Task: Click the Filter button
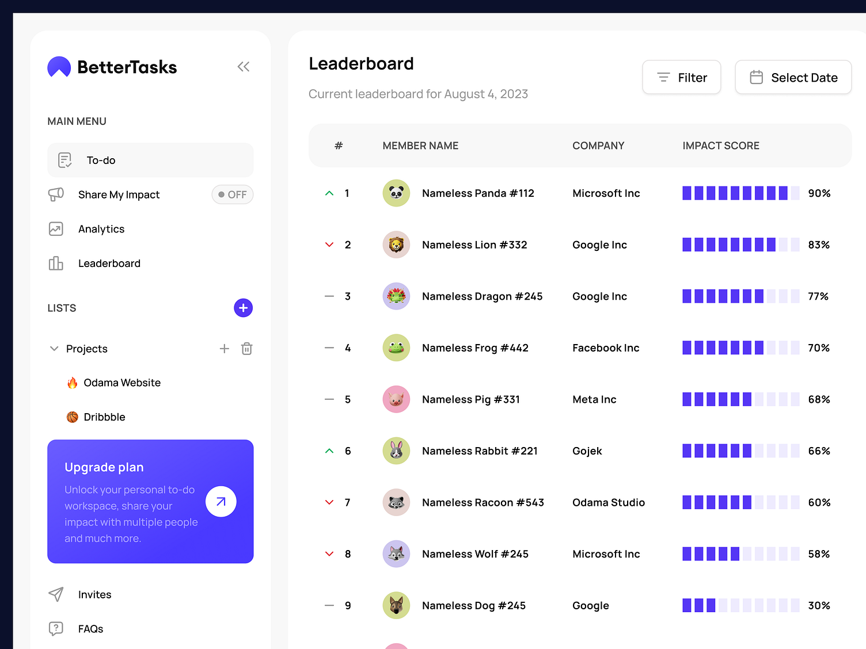coord(681,77)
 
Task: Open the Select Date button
coord(793,77)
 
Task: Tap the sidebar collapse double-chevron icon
coord(244,67)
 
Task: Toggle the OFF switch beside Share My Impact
coord(233,194)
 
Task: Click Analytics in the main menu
coord(101,229)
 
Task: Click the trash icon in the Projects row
coord(246,349)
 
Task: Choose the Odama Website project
coord(121,383)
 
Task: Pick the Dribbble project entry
coord(104,417)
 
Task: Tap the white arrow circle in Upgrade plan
coord(221,502)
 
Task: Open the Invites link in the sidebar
coord(94,594)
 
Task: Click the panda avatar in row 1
coord(396,193)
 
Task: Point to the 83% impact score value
coord(818,245)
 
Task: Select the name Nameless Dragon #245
coord(482,296)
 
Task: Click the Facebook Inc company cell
coord(606,348)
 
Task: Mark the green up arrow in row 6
coord(329,451)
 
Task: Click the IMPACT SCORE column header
coord(720,146)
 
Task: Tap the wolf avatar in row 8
coord(396,554)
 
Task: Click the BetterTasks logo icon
coord(59,67)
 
